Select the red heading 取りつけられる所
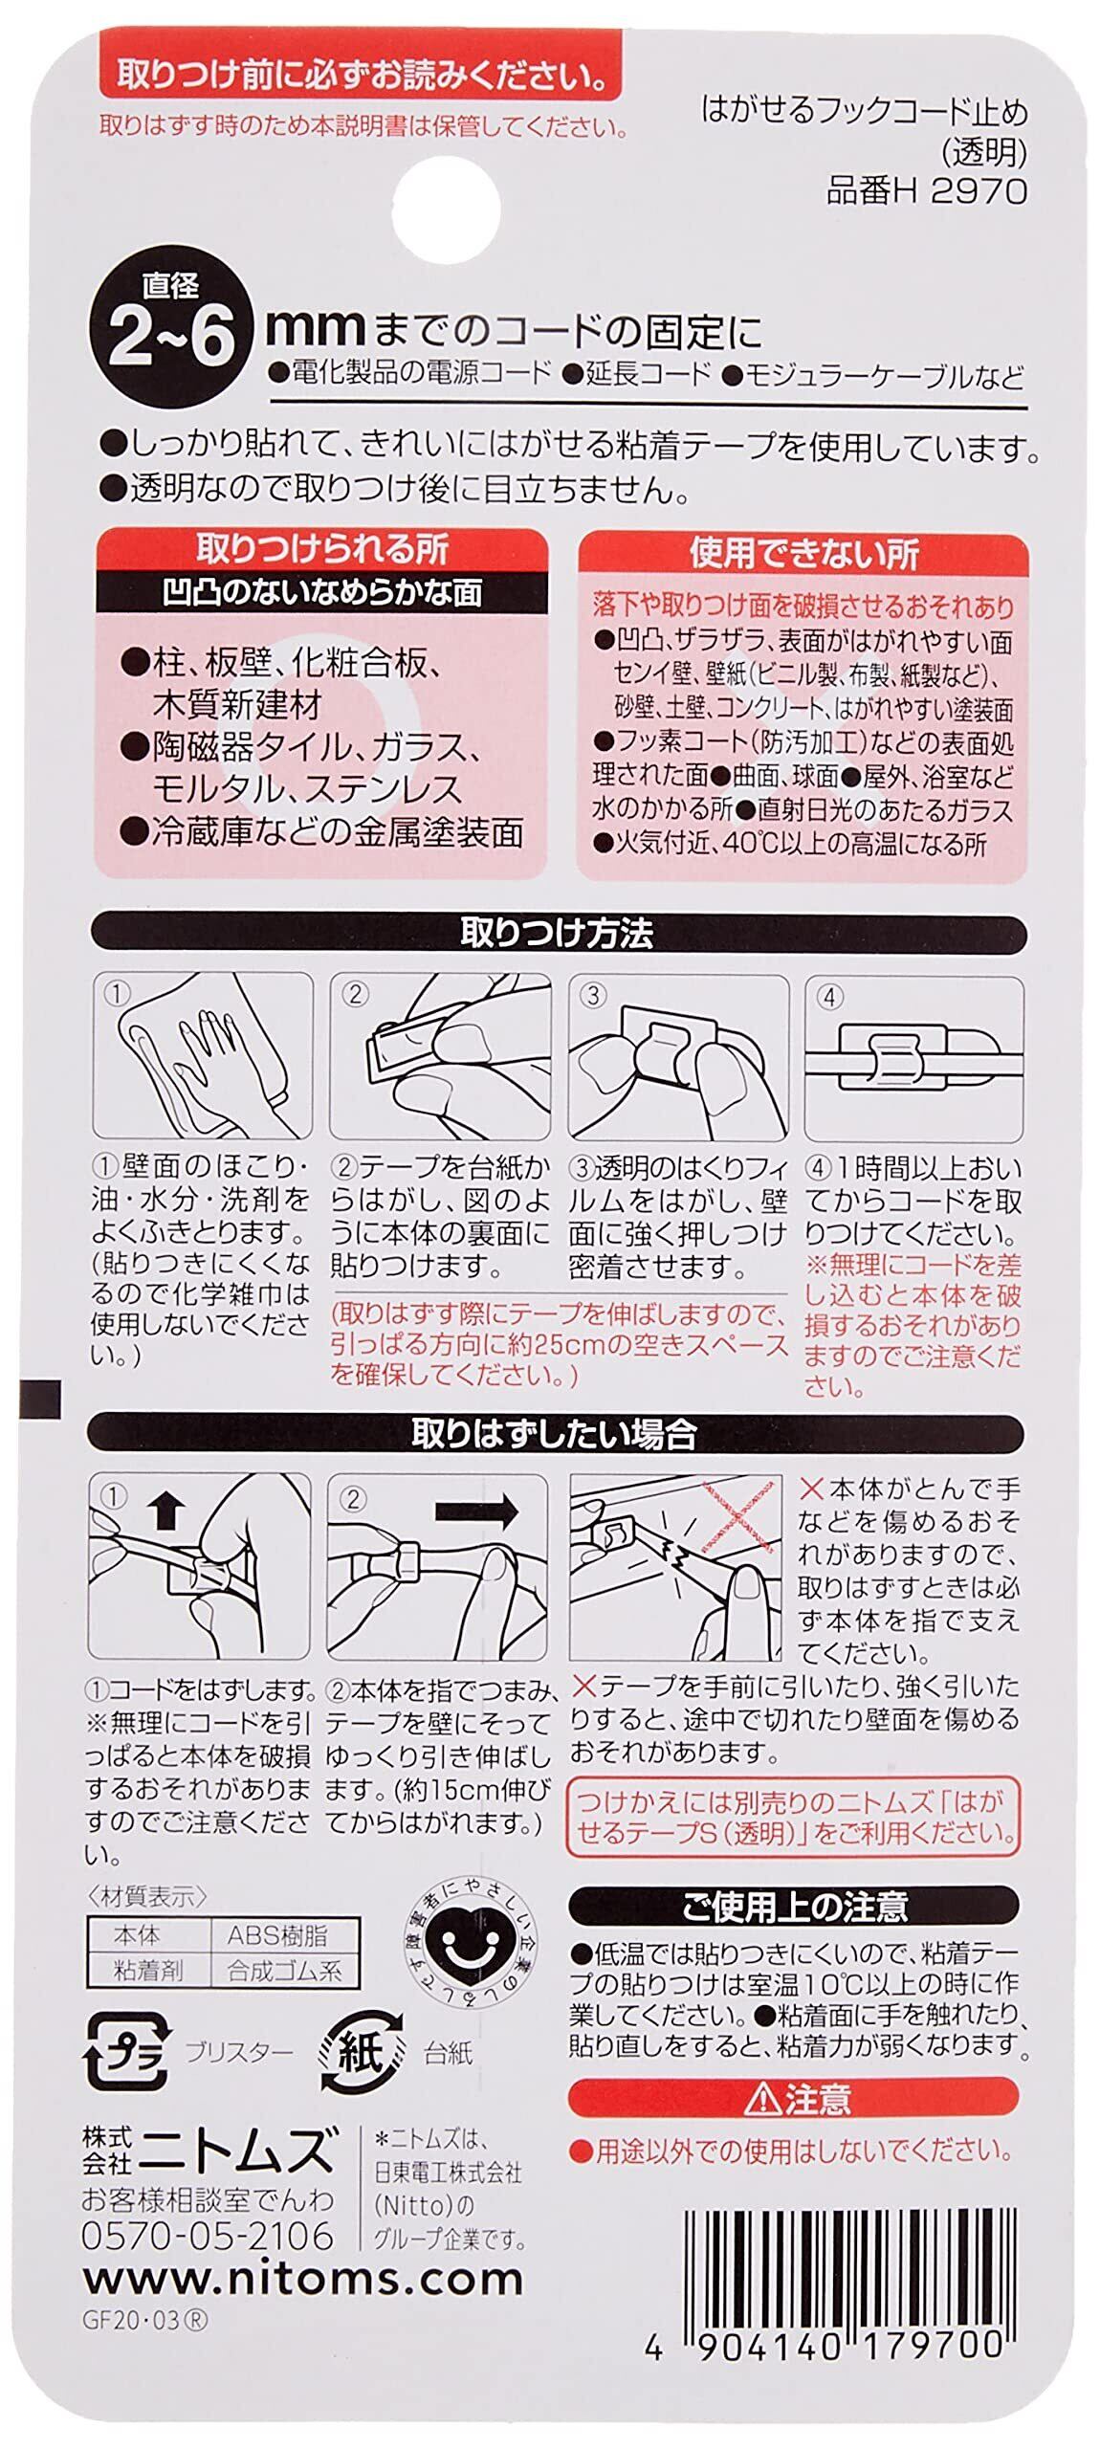[x=322, y=549]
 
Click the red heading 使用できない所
[x=803, y=554]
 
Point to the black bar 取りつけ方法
[x=557, y=933]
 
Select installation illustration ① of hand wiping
[x=203, y=1054]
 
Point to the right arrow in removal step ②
[x=475, y=1513]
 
